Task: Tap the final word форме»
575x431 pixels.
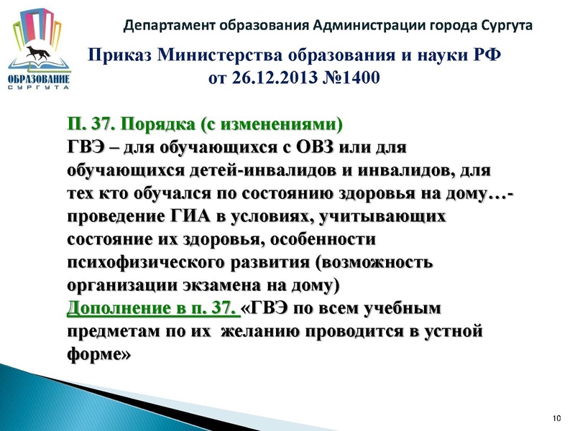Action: (x=101, y=355)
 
